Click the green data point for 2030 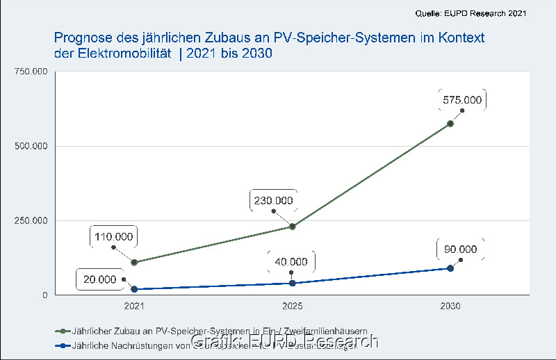[450, 123]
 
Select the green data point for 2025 [293, 227]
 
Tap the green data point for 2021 [134, 262]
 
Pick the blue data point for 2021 [134, 289]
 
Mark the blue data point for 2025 [293, 283]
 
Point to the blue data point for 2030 [450, 268]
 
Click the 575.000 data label [462, 100]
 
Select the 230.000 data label [273, 201]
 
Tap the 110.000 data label [115, 236]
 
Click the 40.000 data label [291, 262]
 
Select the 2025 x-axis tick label [293, 306]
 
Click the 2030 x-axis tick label [450, 306]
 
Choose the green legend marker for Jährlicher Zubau [63, 331]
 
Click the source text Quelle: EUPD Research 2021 [471, 13]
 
